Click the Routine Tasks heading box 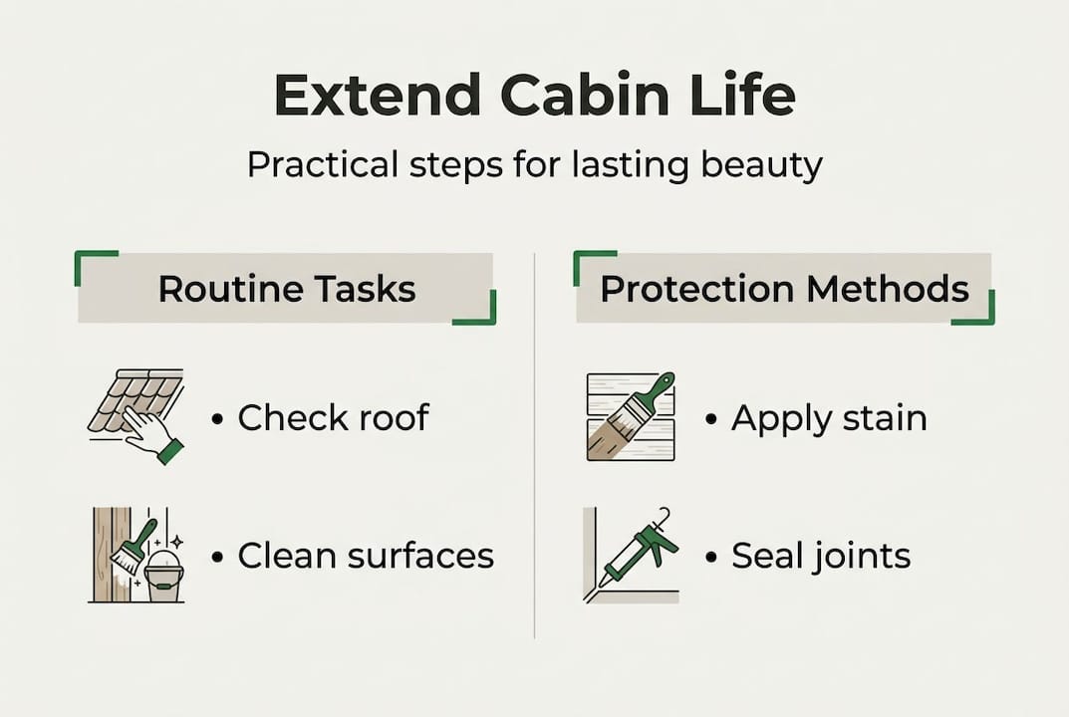(286, 289)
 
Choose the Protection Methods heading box (784, 289)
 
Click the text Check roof (333, 417)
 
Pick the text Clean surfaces (366, 555)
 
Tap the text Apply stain (829, 417)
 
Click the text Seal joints (821, 555)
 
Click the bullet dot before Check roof (216, 419)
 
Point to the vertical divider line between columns (535, 448)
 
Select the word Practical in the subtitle (315, 164)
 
